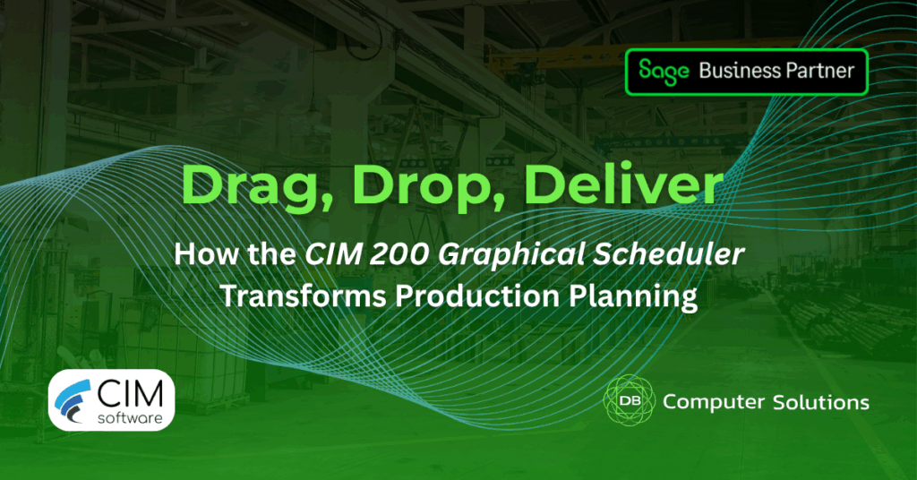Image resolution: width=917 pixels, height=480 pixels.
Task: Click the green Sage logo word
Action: pyautogui.click(x=664, y=72)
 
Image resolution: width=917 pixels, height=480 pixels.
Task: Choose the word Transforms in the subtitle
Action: pyautogui.click(x=304, y=296)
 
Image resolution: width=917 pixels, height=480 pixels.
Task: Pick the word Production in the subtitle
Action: pyautogui.click(x=477, y=296)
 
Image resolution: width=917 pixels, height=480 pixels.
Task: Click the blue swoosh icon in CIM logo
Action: pyautogui.click(x=73, y=400)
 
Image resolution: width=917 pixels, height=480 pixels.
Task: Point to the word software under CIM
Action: pyautogui.click(x=130, y=418)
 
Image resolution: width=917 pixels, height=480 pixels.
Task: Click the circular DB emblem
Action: pyautogui.click(x=629, y=400)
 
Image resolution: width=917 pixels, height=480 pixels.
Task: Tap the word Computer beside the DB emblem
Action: pyautogui.click(x=714, y=403)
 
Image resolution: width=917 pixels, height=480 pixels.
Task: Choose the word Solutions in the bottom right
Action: pyautogui.click(x=821, y=402)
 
